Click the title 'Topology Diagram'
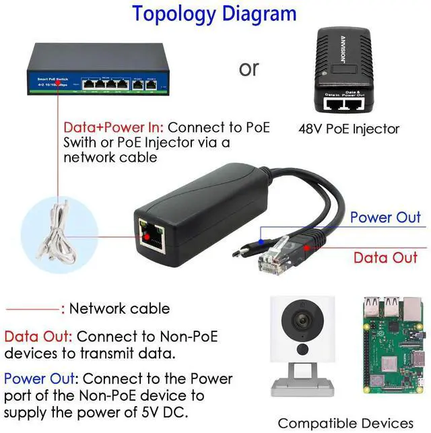[213, 13]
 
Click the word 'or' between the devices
[248, 69]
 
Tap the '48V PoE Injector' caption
[349, 129]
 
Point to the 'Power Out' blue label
[385, 217]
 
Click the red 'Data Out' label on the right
[386, 257]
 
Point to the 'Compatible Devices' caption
[345, 423]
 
